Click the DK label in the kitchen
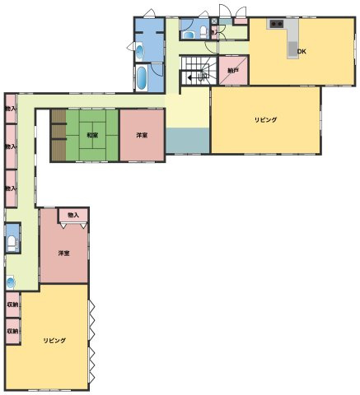click(x=302, y=52)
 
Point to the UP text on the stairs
click(x=203, y=78)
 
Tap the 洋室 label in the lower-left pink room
click(x=63, y=253)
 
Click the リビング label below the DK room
click(x=265, y=120)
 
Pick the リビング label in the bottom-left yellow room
click(x=54, y=340)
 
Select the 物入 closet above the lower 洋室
click(x=74, y=215)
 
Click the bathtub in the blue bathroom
click(x=141, y=80)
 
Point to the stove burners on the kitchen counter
click(x=276, y=26)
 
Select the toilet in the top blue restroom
click(x=203, y=33)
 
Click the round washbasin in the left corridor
click(x=11, y=282)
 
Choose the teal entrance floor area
click(x=187, y=140)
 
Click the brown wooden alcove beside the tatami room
click(x=58, y=136)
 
